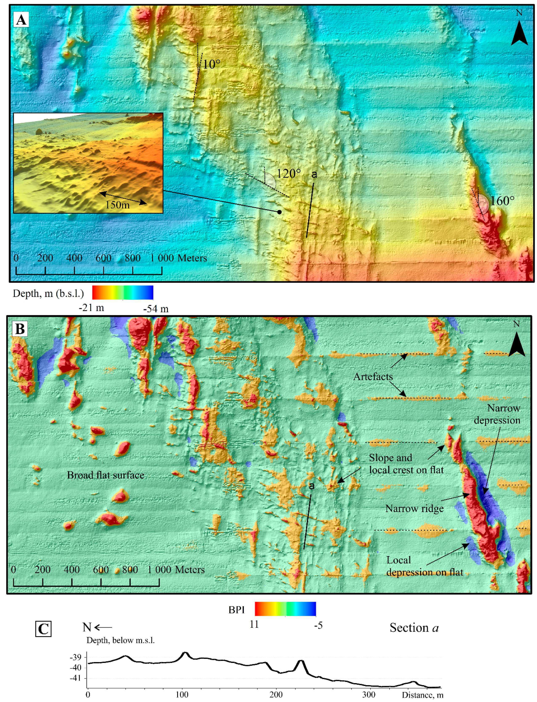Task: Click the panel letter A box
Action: click(x=21, y=20)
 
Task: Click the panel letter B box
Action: click(x=20, y=329)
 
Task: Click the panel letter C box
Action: click(x=43, y=629)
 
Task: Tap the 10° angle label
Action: click(x=211, y=65)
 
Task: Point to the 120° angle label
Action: click(x=289, y=174)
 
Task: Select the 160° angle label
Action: click(x=502, y=201)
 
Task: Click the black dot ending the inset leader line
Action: click(x=279, y=212)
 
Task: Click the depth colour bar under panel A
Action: click(x=123, y=292)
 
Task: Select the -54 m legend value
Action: click(x=156, y=309)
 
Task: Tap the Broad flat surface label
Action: click(x=106, y=475)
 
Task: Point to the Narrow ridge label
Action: click(x=414, y=509)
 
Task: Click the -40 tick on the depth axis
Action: click(x=76, y=668)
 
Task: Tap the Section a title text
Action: click(x=414, y=628)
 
